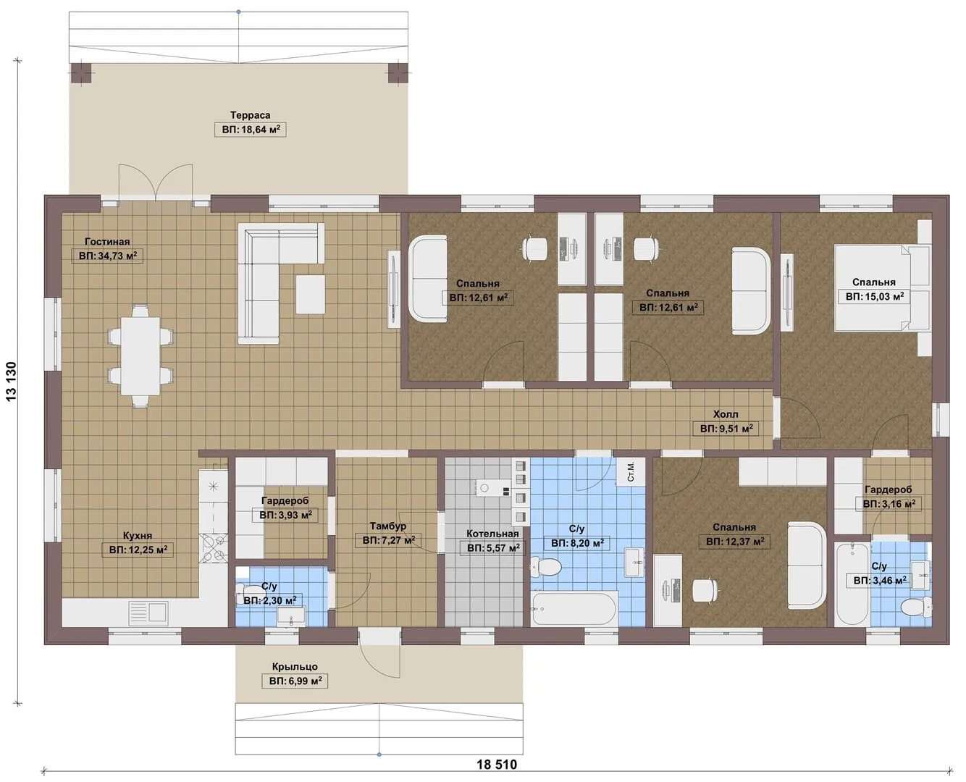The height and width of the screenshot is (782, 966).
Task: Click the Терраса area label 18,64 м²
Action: click(x=251, y=130)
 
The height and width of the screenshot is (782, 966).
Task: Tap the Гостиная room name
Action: click(x=107, y=242)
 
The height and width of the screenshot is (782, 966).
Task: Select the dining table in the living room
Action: click(x=140, y=356)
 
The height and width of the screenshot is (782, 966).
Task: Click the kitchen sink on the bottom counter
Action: click(x=148, y=613)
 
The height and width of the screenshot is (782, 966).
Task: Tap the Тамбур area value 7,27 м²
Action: click(x=389, y=540)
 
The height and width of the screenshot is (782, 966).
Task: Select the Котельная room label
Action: click(x=492, y=534)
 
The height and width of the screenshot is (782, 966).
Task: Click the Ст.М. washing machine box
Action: click(x=631, y=472)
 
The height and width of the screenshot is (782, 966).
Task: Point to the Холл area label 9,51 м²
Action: click(x=726, y=429)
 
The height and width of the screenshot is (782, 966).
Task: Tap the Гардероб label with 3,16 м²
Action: click(x=888, y=489)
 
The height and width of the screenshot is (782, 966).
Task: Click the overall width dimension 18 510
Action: click(x=497, y=765)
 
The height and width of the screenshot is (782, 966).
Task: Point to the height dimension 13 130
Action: click(x=12, y=382)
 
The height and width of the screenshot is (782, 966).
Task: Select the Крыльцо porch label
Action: click(x=295, y=666)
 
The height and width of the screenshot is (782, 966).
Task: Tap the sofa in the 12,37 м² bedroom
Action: click(x=807, y=565)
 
